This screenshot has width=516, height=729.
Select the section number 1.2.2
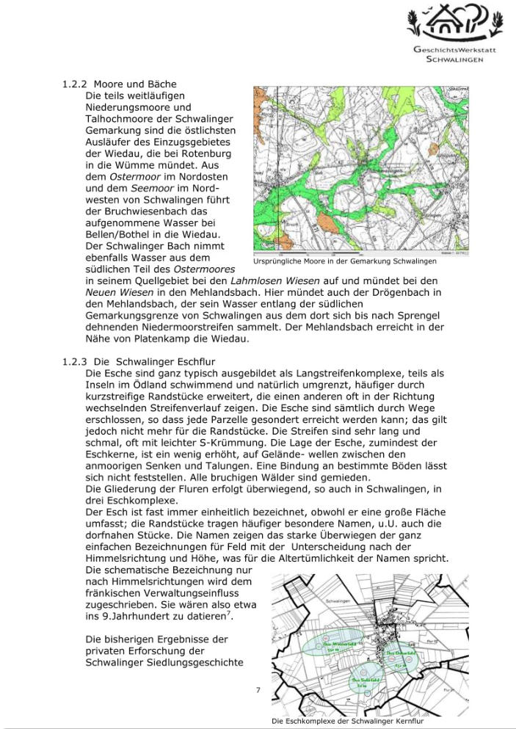(75, 84)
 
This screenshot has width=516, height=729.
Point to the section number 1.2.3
(75, 360)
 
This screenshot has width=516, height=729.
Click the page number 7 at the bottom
(258, 690)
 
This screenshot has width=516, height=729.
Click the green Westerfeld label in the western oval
(336, 644)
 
